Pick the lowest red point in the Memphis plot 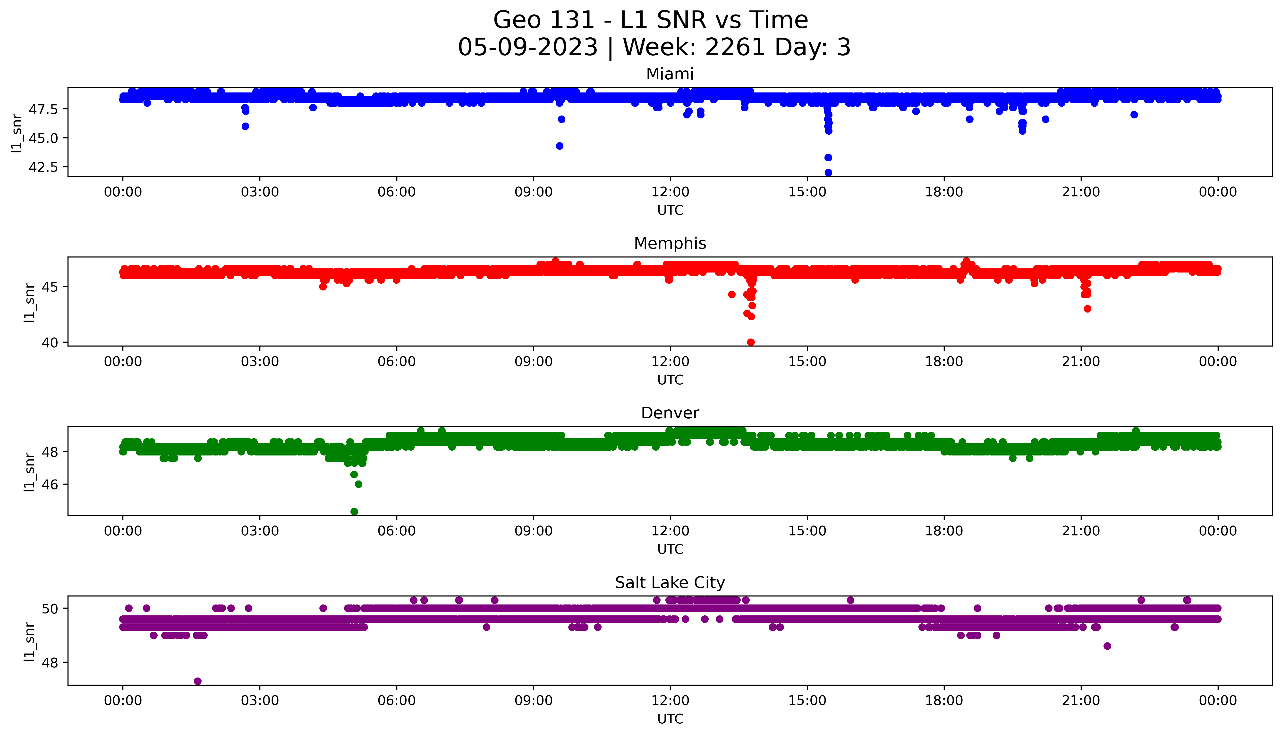coord(751,342)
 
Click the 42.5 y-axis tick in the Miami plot coord(44,167)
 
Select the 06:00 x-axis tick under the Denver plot coord(397,531)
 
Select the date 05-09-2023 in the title coord(528,48)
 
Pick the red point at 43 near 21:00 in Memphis coord(1087,309)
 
